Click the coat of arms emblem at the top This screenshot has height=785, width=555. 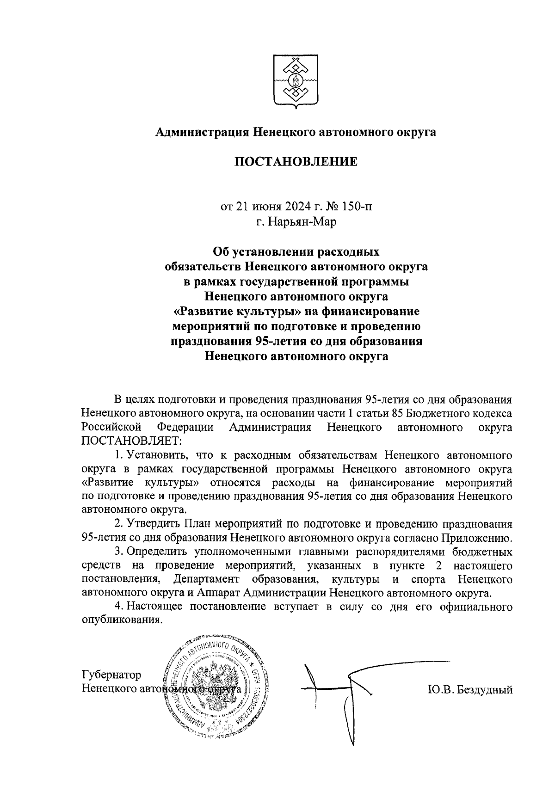294,82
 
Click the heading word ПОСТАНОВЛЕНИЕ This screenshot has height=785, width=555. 296,162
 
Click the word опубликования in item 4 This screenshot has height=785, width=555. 122,620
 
